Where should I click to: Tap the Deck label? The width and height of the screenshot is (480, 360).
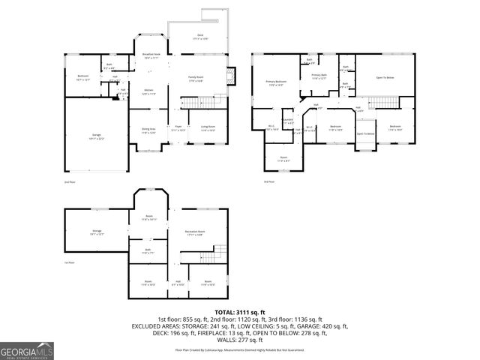(x=199, y=37)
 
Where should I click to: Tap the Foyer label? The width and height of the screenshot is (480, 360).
(x=178, y=128)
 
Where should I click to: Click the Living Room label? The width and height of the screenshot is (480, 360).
(x=208, y=128)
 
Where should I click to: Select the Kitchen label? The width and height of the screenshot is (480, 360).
(x=148, y=92)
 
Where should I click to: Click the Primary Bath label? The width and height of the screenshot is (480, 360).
(x=319, y=76)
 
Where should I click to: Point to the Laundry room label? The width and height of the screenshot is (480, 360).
(x=287, y=121)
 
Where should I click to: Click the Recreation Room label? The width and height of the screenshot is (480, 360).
(x=197, y=232)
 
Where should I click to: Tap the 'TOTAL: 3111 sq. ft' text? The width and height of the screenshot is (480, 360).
(x=239, y=311)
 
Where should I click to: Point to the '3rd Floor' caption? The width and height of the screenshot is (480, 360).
(x=268, y=181)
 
